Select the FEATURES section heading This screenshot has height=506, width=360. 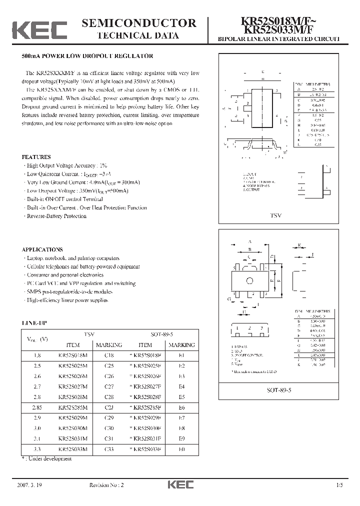coord(36,156)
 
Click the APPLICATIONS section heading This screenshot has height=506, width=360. coord(42,249)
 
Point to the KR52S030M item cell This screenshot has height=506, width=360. coord(72,428)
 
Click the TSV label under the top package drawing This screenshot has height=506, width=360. coord(276,214)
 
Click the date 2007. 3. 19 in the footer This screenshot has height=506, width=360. coord(32,485)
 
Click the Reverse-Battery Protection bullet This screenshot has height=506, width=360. coord(56,216)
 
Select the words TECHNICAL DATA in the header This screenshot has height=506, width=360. coord(138,35)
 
